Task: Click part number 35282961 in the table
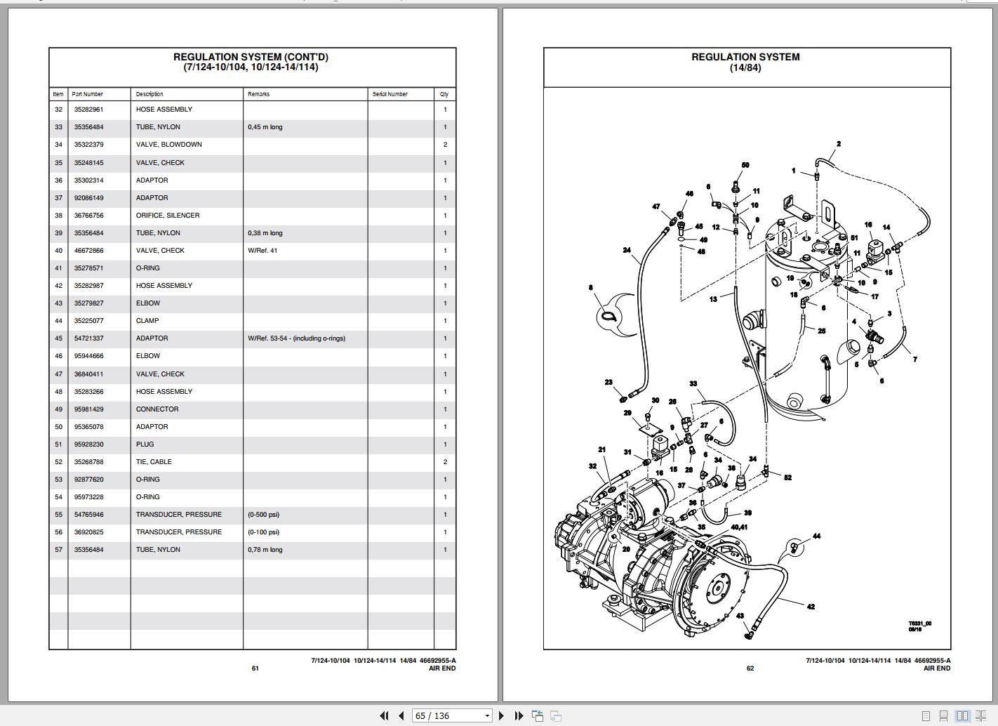88,110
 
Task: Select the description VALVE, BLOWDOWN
168,145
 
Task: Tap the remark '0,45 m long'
265,127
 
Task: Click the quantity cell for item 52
445,462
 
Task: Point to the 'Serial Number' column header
390,94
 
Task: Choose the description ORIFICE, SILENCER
168,216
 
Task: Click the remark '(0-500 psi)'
263,515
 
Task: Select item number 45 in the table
58,338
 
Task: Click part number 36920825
88,532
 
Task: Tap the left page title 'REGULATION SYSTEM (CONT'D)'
251,57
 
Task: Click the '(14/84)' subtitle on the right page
745,68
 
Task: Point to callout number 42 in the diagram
811,607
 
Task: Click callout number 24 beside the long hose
627,250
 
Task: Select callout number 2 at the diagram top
838,144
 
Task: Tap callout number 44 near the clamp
816,536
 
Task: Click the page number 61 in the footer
255,668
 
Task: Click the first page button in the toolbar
384,715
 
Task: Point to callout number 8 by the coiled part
591,287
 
